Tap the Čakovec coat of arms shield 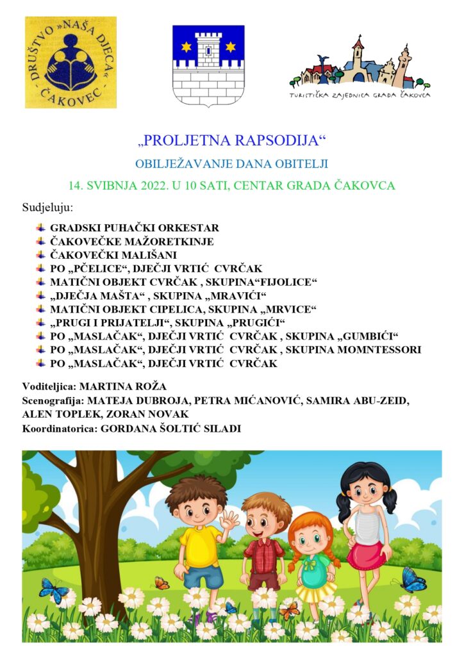[x=208, y=65]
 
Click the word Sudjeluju [x=47, y=208]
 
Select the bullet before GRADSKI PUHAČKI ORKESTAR [x=41, y=227]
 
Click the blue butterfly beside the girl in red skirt [x=412, y=580]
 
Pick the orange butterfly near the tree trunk [x=162, y=583]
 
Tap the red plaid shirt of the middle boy [x=264, y=555]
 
